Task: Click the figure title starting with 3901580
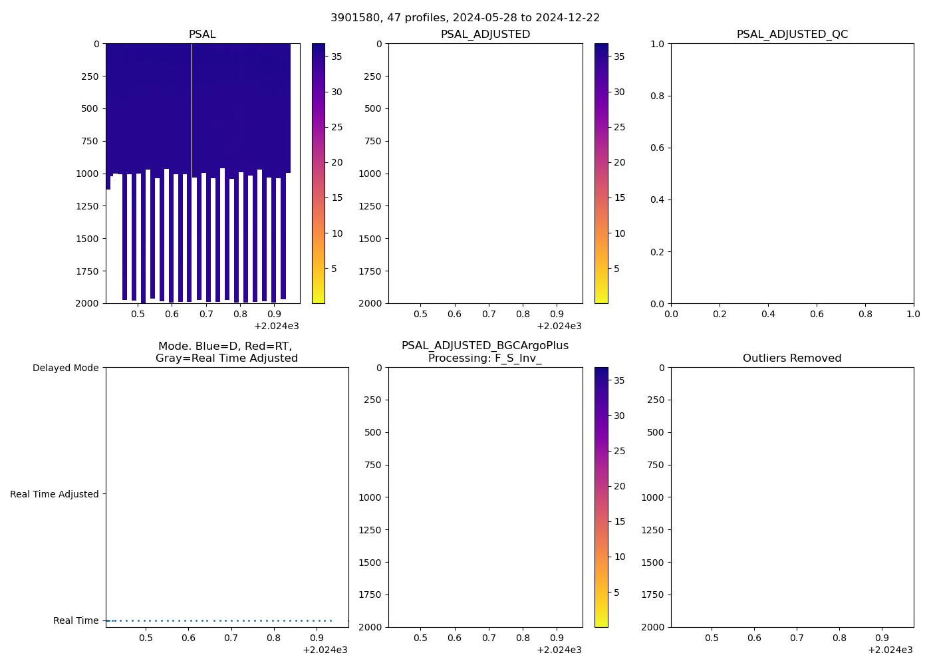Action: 465,18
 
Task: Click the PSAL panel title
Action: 202,35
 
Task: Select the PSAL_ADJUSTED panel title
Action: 485,35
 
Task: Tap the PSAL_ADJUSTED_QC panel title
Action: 792,35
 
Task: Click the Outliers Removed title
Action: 792,358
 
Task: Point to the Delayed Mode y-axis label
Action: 65,368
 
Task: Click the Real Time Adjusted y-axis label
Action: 55,494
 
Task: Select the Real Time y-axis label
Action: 76,620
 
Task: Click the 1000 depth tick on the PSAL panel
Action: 87,174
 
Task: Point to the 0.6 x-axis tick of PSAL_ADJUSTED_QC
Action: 817,313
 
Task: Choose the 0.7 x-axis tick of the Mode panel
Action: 231,638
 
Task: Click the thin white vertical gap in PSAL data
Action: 192,106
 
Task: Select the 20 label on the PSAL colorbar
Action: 337,162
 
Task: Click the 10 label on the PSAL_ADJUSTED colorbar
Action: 620,233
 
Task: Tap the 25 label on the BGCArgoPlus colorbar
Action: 619,451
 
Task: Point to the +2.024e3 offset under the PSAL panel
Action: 277,326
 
